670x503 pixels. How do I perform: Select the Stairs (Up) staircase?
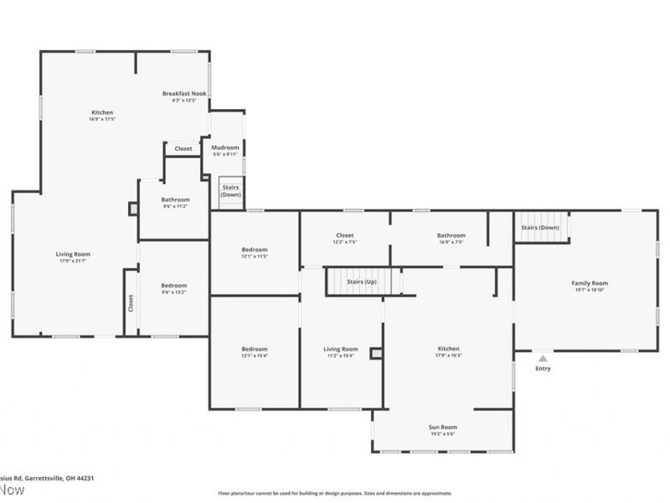[362, 282]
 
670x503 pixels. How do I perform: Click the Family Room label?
[590, 283]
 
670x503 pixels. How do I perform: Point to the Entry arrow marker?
[543, 359]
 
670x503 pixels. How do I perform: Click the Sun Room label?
[443, 428]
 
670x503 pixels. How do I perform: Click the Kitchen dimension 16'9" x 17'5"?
[102, 120]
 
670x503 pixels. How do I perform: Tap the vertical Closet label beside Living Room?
[131, 303]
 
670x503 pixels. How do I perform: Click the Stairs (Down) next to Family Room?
[540, 227]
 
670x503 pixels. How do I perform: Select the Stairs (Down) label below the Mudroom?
[231, 190]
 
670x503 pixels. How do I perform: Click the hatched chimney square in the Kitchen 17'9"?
[376, 354]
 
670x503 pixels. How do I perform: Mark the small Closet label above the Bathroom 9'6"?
[183, 148]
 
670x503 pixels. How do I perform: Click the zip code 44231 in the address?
[83, 478]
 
